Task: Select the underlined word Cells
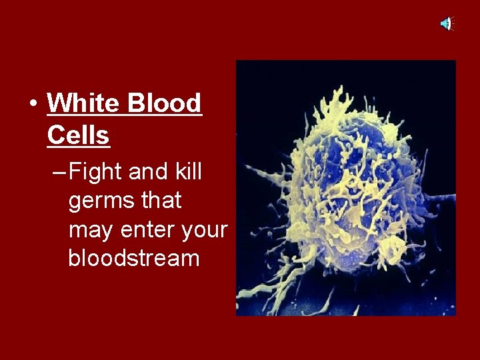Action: click(x=78, y=135)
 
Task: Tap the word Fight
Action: click(x=96, y=172)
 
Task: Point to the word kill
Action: click(x=188, y=171)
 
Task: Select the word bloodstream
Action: click(x=133, y=258)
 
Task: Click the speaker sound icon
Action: click(x=446, y=24)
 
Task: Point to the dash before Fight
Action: click(x=58, y=173)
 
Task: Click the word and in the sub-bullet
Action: click(x=148, y=171)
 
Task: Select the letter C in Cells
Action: click(x=55, y=135)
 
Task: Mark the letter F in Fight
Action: click(x=75, y=172)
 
